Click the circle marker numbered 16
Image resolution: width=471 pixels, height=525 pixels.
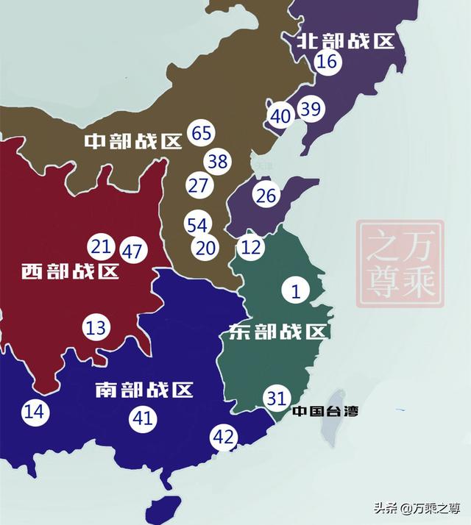327,62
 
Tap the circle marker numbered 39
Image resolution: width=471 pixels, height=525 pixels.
311,110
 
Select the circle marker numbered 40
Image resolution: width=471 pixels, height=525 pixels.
280,116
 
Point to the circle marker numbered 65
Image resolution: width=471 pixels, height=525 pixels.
201,133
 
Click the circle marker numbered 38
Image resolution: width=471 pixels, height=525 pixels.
218,161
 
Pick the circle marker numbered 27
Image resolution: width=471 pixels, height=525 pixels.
198,185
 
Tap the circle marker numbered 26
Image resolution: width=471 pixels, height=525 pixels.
266,196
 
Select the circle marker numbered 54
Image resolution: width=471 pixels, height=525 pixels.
197,225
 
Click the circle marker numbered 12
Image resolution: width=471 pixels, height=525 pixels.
251,247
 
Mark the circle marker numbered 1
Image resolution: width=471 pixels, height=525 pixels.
296,291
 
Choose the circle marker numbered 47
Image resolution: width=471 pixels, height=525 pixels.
132,251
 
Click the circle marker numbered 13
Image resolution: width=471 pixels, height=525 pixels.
96,327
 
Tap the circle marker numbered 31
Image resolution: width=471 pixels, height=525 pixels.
277,398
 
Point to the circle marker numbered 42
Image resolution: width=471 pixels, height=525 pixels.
223,438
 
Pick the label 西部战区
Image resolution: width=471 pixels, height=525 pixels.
70,272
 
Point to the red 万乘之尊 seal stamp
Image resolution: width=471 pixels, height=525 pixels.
400,264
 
